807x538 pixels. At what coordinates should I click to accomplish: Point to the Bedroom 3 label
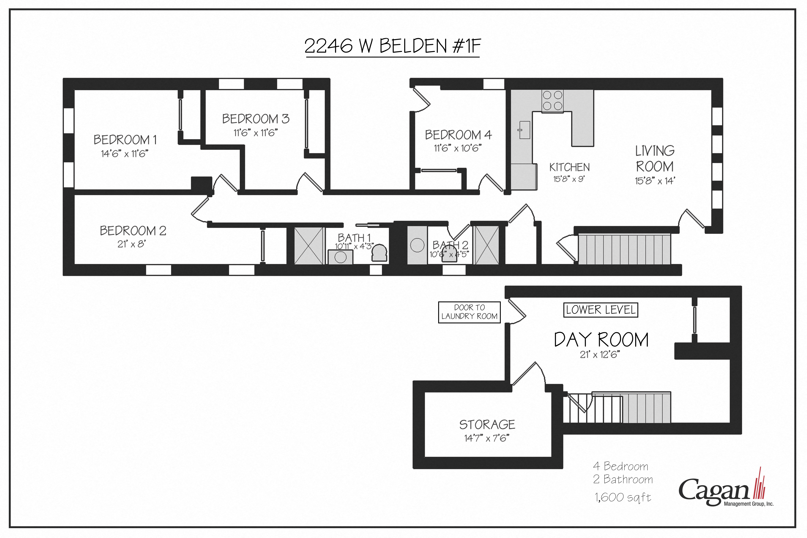256,119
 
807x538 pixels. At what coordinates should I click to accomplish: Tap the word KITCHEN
569,167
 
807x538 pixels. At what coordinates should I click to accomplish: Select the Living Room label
655,159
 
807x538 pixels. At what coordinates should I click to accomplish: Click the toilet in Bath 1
379,253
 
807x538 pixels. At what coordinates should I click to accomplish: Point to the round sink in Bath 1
340,257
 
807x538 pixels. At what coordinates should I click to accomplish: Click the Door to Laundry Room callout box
469,312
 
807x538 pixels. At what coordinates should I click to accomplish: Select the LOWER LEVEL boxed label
600,310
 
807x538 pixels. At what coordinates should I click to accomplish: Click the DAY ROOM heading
601,340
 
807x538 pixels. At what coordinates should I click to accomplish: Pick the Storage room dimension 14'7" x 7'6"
487,438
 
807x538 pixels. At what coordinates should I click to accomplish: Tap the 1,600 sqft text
623,497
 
